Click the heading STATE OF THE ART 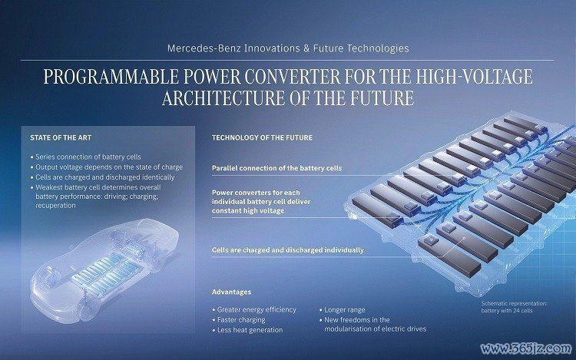61,138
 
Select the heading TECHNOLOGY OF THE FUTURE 263,138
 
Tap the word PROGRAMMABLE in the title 111,77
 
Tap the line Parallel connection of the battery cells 277,168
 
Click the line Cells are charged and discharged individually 288,250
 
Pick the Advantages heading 231,292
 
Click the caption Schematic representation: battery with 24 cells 515,307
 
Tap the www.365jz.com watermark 526,348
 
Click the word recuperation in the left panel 55,206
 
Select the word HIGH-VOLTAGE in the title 475,77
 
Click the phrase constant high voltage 248,211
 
